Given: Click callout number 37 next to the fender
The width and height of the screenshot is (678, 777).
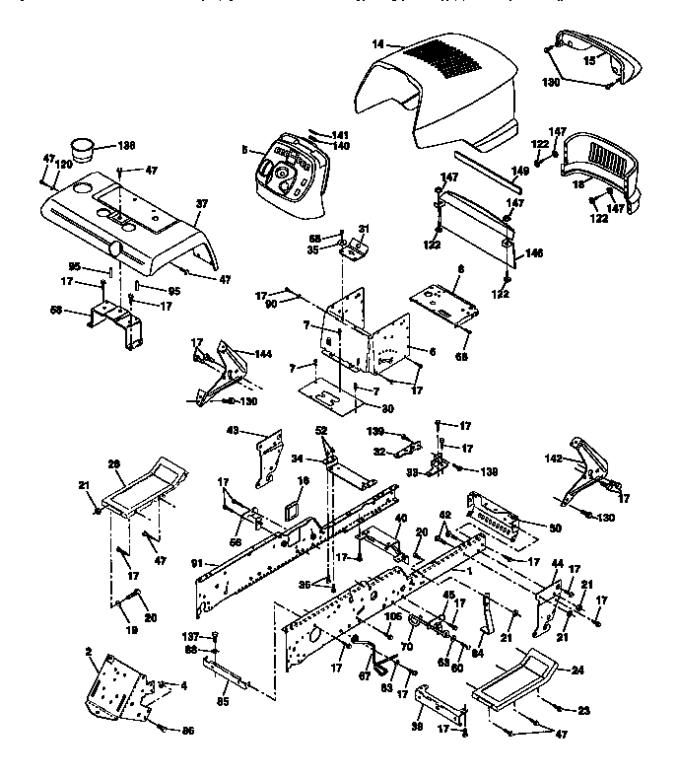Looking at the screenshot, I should pos(203,204).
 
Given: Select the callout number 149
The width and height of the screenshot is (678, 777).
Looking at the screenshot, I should pos(519,171).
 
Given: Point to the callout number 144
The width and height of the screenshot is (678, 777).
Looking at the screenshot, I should pos(262,352).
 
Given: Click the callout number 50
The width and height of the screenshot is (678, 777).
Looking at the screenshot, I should pos(555,529).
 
